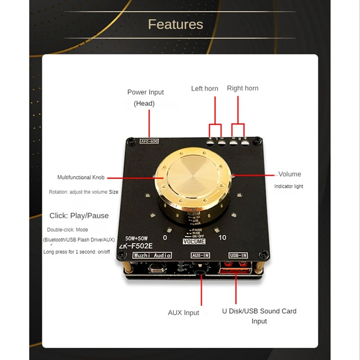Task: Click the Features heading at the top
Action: click(x=175, y=24)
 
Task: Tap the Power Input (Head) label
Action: click(x=145, y=98)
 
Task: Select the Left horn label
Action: click(x=204, y=89)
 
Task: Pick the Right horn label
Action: click(x=243, y=88)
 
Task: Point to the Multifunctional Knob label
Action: click(x=81, y=178)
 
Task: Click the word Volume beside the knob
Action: click(x=290, y=174)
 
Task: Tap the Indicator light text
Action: click(x=289, y=186)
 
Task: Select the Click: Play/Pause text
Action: click(x=79, y=216)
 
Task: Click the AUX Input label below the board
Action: click(x=183, y=313)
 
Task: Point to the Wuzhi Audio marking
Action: click(x=152, y=256)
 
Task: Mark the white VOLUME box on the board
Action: click(x=194, y=242)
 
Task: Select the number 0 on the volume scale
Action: click(x=165, y=238)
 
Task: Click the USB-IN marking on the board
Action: click(x=238, y=255)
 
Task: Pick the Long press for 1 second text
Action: click(x=76, y=252)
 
